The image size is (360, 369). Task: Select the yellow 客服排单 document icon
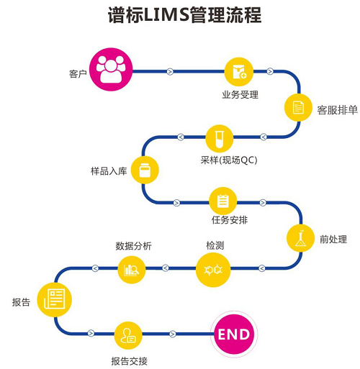tap(297, 108)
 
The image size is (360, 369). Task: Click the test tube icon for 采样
tap(219, 137)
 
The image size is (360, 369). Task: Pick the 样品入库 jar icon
tap(145, 170)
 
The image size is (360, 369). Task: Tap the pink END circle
tap(233, 334)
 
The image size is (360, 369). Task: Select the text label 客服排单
tap(337, 111)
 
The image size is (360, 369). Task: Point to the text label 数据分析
tap(134, 246)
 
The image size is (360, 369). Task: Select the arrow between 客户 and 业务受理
tap(170, 70)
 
